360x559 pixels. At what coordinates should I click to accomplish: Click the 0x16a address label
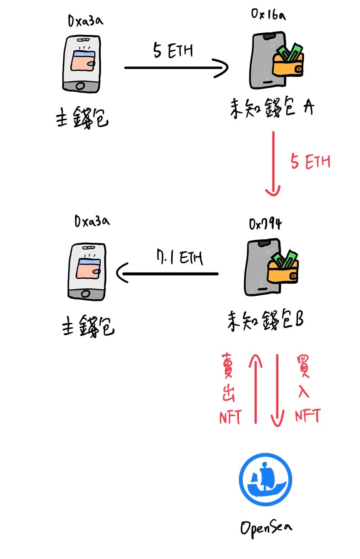pos(268,14)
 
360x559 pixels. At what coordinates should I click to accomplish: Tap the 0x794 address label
pos(265,224)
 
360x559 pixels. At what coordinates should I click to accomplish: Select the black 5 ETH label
pos(173,50)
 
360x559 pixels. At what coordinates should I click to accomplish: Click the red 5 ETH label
pos(310,162)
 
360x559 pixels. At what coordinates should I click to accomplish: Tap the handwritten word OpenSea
pos(266,528)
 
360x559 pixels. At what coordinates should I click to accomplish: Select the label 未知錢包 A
pos(271,109)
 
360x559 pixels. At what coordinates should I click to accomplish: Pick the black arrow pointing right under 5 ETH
pos(176,68)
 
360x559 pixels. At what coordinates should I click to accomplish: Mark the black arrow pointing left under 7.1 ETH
pos(168,273)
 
